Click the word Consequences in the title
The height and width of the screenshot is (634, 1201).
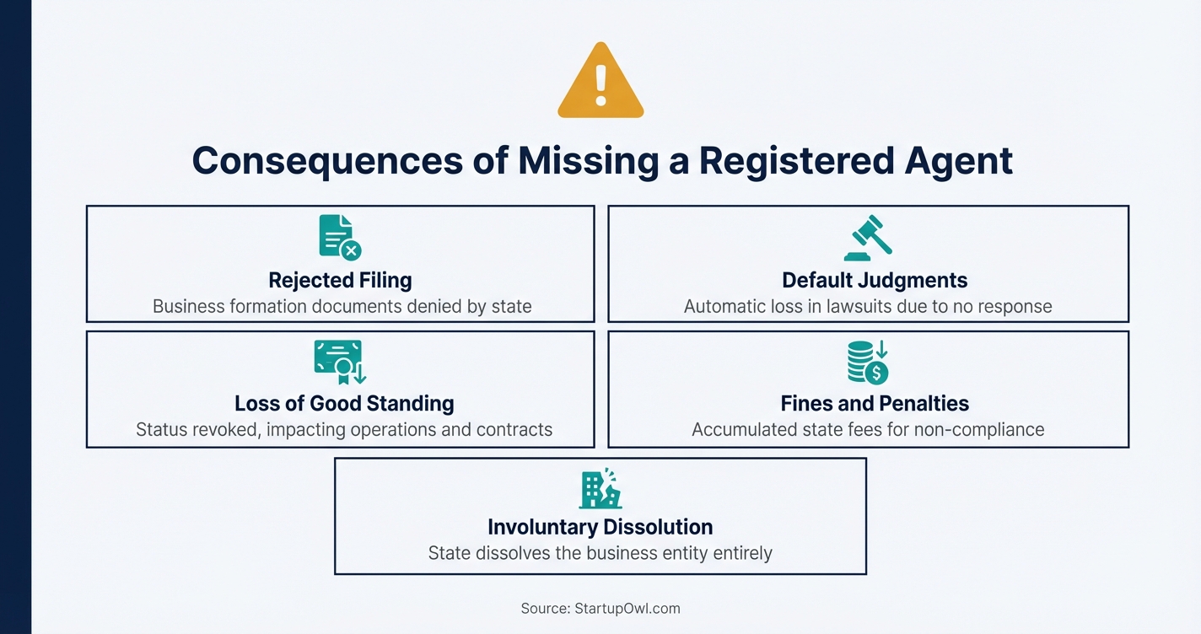tap(327, 160)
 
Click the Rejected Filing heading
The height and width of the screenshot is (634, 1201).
tap(340, 280)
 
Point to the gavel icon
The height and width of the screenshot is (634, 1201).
tap(868, 238)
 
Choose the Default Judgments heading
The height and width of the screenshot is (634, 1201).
tap(875, 280)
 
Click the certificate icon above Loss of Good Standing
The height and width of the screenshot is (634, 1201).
tap(340, 362)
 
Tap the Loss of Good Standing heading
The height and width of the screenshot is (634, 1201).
tap(344, 403)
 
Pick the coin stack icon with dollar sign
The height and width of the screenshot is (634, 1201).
tap(868, 362)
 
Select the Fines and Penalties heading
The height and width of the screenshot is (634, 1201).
tap(875, 403)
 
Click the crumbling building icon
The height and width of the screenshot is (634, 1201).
tap(600, 488)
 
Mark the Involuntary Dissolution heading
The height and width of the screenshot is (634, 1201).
tap(600, 527)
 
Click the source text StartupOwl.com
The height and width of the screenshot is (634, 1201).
tap(627, 608)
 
